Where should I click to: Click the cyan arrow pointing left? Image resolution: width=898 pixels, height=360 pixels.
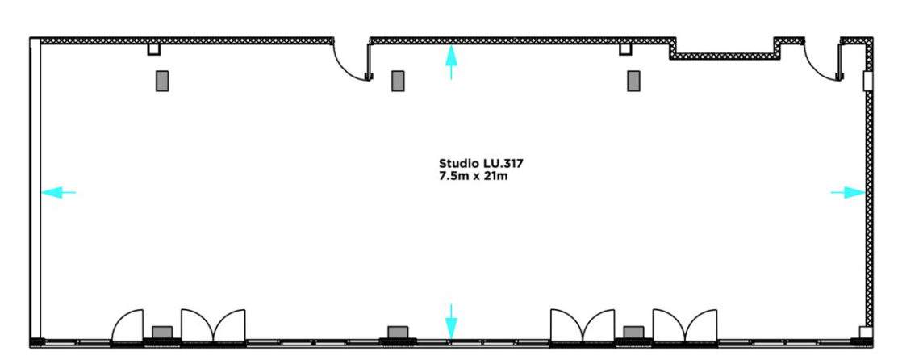(x=57, y=192)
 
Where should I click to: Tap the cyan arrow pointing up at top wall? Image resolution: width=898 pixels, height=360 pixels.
(x=451, y=61)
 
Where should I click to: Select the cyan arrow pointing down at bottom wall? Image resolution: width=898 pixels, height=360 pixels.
(x=451, y=321)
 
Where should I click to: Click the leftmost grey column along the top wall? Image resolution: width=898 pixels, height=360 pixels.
(x=162, y=81)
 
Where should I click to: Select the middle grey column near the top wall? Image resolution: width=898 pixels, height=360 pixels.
(x=398, y=81)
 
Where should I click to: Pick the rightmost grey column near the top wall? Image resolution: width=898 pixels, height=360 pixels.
(x=633, y=81)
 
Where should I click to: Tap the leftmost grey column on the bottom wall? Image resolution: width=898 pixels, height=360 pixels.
(x=162, y=332)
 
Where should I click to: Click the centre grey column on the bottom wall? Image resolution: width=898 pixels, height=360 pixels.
(x=398, y=332)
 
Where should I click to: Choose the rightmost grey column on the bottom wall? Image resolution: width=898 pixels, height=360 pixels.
(x=633, y=332)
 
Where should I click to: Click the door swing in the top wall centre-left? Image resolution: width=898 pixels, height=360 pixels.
(x=353, y=61)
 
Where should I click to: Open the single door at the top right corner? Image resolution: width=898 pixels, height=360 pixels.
(x=823, y=61)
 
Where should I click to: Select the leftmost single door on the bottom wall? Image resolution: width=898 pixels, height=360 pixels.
(x=127, y=324)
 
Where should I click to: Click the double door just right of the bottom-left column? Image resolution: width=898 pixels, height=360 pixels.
(x=213, y=324)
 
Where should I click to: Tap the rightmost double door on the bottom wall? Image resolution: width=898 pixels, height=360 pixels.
(x=685, y=324)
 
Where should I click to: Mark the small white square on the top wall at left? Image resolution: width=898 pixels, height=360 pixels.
(x=153, y=50)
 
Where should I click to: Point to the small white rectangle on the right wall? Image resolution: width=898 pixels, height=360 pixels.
(x=867, y=82)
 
